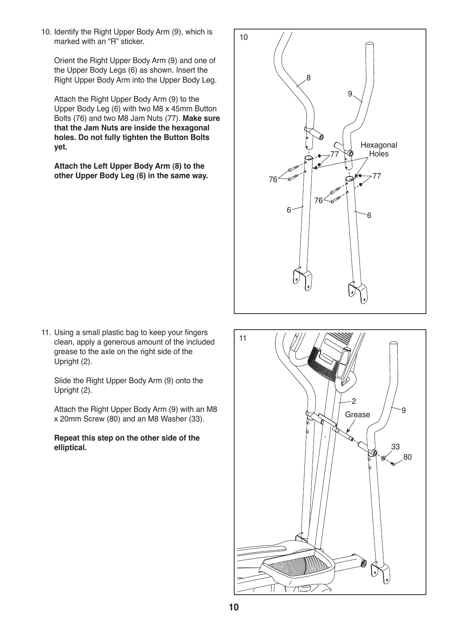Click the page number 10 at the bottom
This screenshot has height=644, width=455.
click(233, 607)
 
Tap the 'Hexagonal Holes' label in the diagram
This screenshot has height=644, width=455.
click(379, 150)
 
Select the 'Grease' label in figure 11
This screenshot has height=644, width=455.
click(357, 415)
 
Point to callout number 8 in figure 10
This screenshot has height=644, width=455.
click(309, 78)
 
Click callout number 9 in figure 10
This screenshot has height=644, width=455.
click(350, 93)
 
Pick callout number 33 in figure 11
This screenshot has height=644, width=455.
click(395, 447)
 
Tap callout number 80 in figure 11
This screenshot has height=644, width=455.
click(408, 457)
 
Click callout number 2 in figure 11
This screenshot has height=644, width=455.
click(354, 401)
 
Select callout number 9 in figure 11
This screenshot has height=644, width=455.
click(404, 410)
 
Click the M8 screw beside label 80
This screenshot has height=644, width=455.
click(393, 463)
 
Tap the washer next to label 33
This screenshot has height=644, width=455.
click(384, 458)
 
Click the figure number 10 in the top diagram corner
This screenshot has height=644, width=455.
click(243, 37)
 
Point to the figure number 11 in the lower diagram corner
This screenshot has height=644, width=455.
click(243, 338)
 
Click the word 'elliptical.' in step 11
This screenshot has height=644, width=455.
click(71, 448)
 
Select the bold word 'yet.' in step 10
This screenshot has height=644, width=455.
click(61, 147)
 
